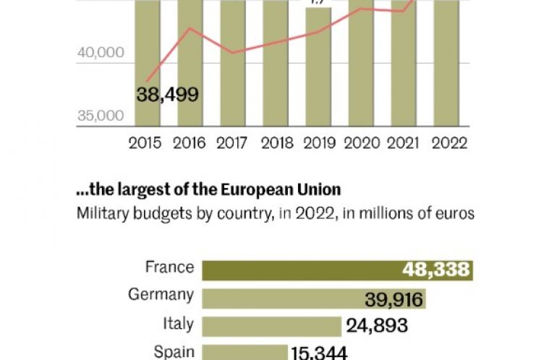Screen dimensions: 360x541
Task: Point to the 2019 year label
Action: point(320,143)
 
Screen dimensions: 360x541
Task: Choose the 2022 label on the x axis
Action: point(449,143)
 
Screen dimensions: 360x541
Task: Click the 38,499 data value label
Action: point(167,95)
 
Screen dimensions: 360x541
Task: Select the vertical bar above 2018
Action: point(276,65)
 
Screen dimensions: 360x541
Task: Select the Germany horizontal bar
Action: point(312,299)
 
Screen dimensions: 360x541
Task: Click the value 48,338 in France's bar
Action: point(437,270)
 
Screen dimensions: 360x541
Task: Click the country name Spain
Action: point(174,352)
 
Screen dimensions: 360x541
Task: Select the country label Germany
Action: point(161,295)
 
